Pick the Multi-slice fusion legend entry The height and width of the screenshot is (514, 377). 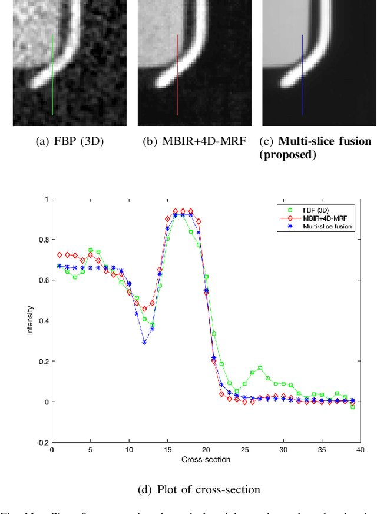328,226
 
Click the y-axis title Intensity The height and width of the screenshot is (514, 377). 30,321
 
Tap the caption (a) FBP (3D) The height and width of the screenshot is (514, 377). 70,142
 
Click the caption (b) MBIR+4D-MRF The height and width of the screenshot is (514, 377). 194,142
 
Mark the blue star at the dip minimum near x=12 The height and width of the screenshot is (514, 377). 144,342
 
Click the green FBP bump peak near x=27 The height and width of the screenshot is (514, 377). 260,368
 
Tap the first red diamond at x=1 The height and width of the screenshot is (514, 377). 59,255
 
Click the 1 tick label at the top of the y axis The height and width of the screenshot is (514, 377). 45,199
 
